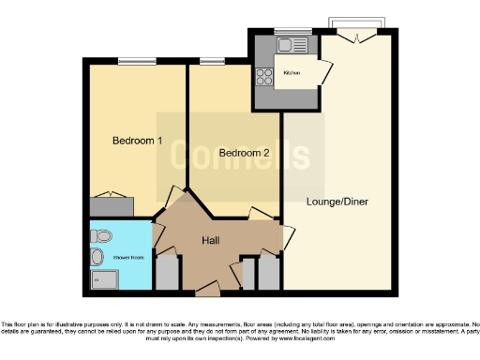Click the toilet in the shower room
click(x=101, y=233)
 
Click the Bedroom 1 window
click(x=137, y=63)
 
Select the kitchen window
click(x=298, y=31)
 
